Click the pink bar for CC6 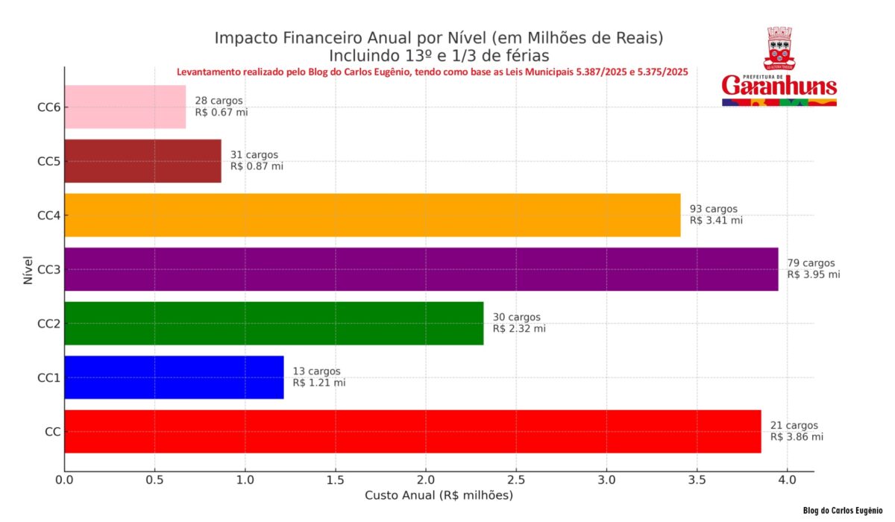coord(125,107)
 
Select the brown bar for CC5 coord(142,161)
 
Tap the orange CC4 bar coord(372,215)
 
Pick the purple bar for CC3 coord(421,269)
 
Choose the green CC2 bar coord(274,323)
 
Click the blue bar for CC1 coord(174,377)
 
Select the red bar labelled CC coord(412,431)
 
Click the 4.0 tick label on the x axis coord(787,479)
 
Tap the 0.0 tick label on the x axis coord(65,479)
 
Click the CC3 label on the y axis coord(48,269)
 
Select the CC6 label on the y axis coord(48,107)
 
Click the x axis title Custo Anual coord(439,495)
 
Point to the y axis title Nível coord(27,268)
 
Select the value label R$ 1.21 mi coord(319,383)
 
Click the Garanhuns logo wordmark coord(779,84)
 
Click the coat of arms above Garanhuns coord(779,48)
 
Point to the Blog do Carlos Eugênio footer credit coord(843,511)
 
